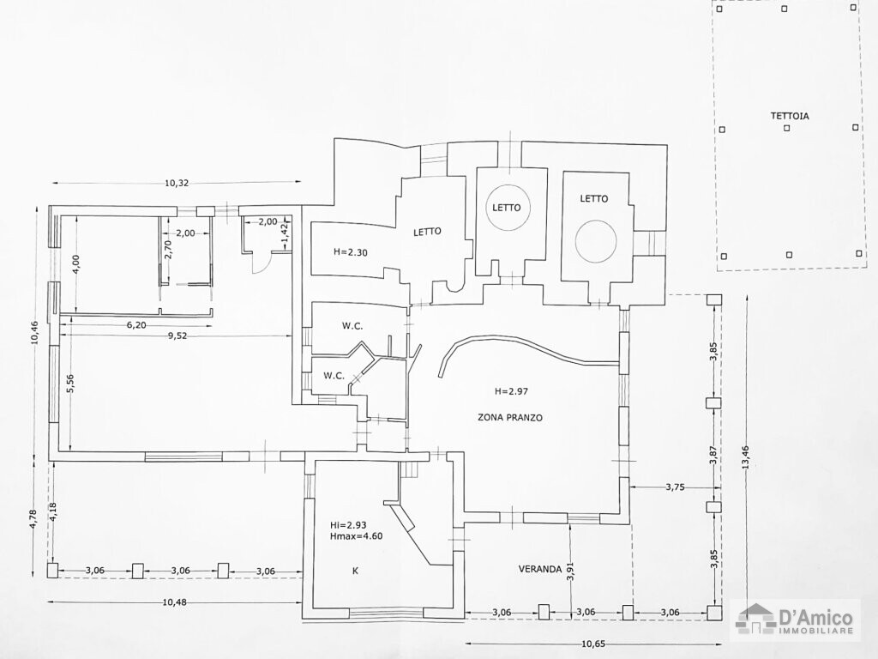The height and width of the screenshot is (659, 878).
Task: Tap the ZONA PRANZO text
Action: tap(510, 418)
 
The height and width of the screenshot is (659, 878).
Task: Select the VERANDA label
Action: tap(539, 569)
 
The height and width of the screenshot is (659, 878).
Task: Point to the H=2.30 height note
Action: tap(350, 252)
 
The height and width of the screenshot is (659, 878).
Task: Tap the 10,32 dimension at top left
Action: tap(177, 183)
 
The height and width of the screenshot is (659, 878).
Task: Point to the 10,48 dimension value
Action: tap(175, 602)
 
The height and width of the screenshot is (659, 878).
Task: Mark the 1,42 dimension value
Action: tap(286, 231)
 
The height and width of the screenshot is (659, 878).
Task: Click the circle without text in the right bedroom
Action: tap(595, 242)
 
